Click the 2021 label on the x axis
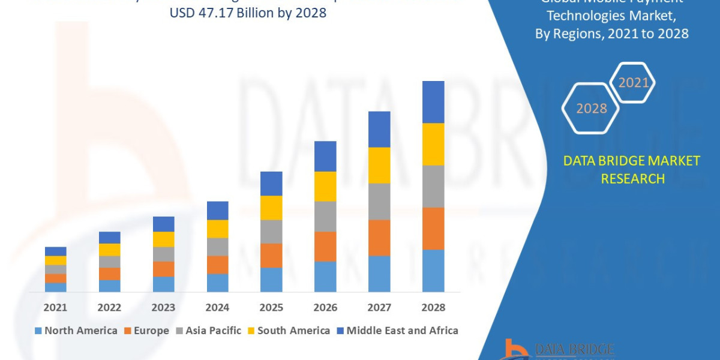pyautogui.click(x=55, y=307)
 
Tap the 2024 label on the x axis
pyautogui.click(x=217, y=307)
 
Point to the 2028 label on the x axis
pyautogui.click(x=433, y=307)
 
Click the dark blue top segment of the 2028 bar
pyautogui.click(x=433, y=102)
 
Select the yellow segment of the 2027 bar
pyautogui.click(x=379, y=165)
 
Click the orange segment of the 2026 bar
pyautogui.click(x=325, y=247)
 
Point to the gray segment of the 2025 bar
pyautogui.click(x=271, y=232)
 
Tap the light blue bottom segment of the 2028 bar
pyautogui.click(x=433, y=271)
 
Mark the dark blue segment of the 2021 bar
pyautogui.click(x=55, y=251)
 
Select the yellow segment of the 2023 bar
pyautogui.click(x=163, y=239)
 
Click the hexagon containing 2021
pyautogui.click(x=633, y=83)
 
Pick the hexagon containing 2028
pyautogui.click(x=591, y=109)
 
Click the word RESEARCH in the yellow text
pyautogui.click(x=632, y=179)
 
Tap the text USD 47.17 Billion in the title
pyautogui.click(x=229, y=13)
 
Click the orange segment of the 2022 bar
pyautogui.click(x=109, y=274)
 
